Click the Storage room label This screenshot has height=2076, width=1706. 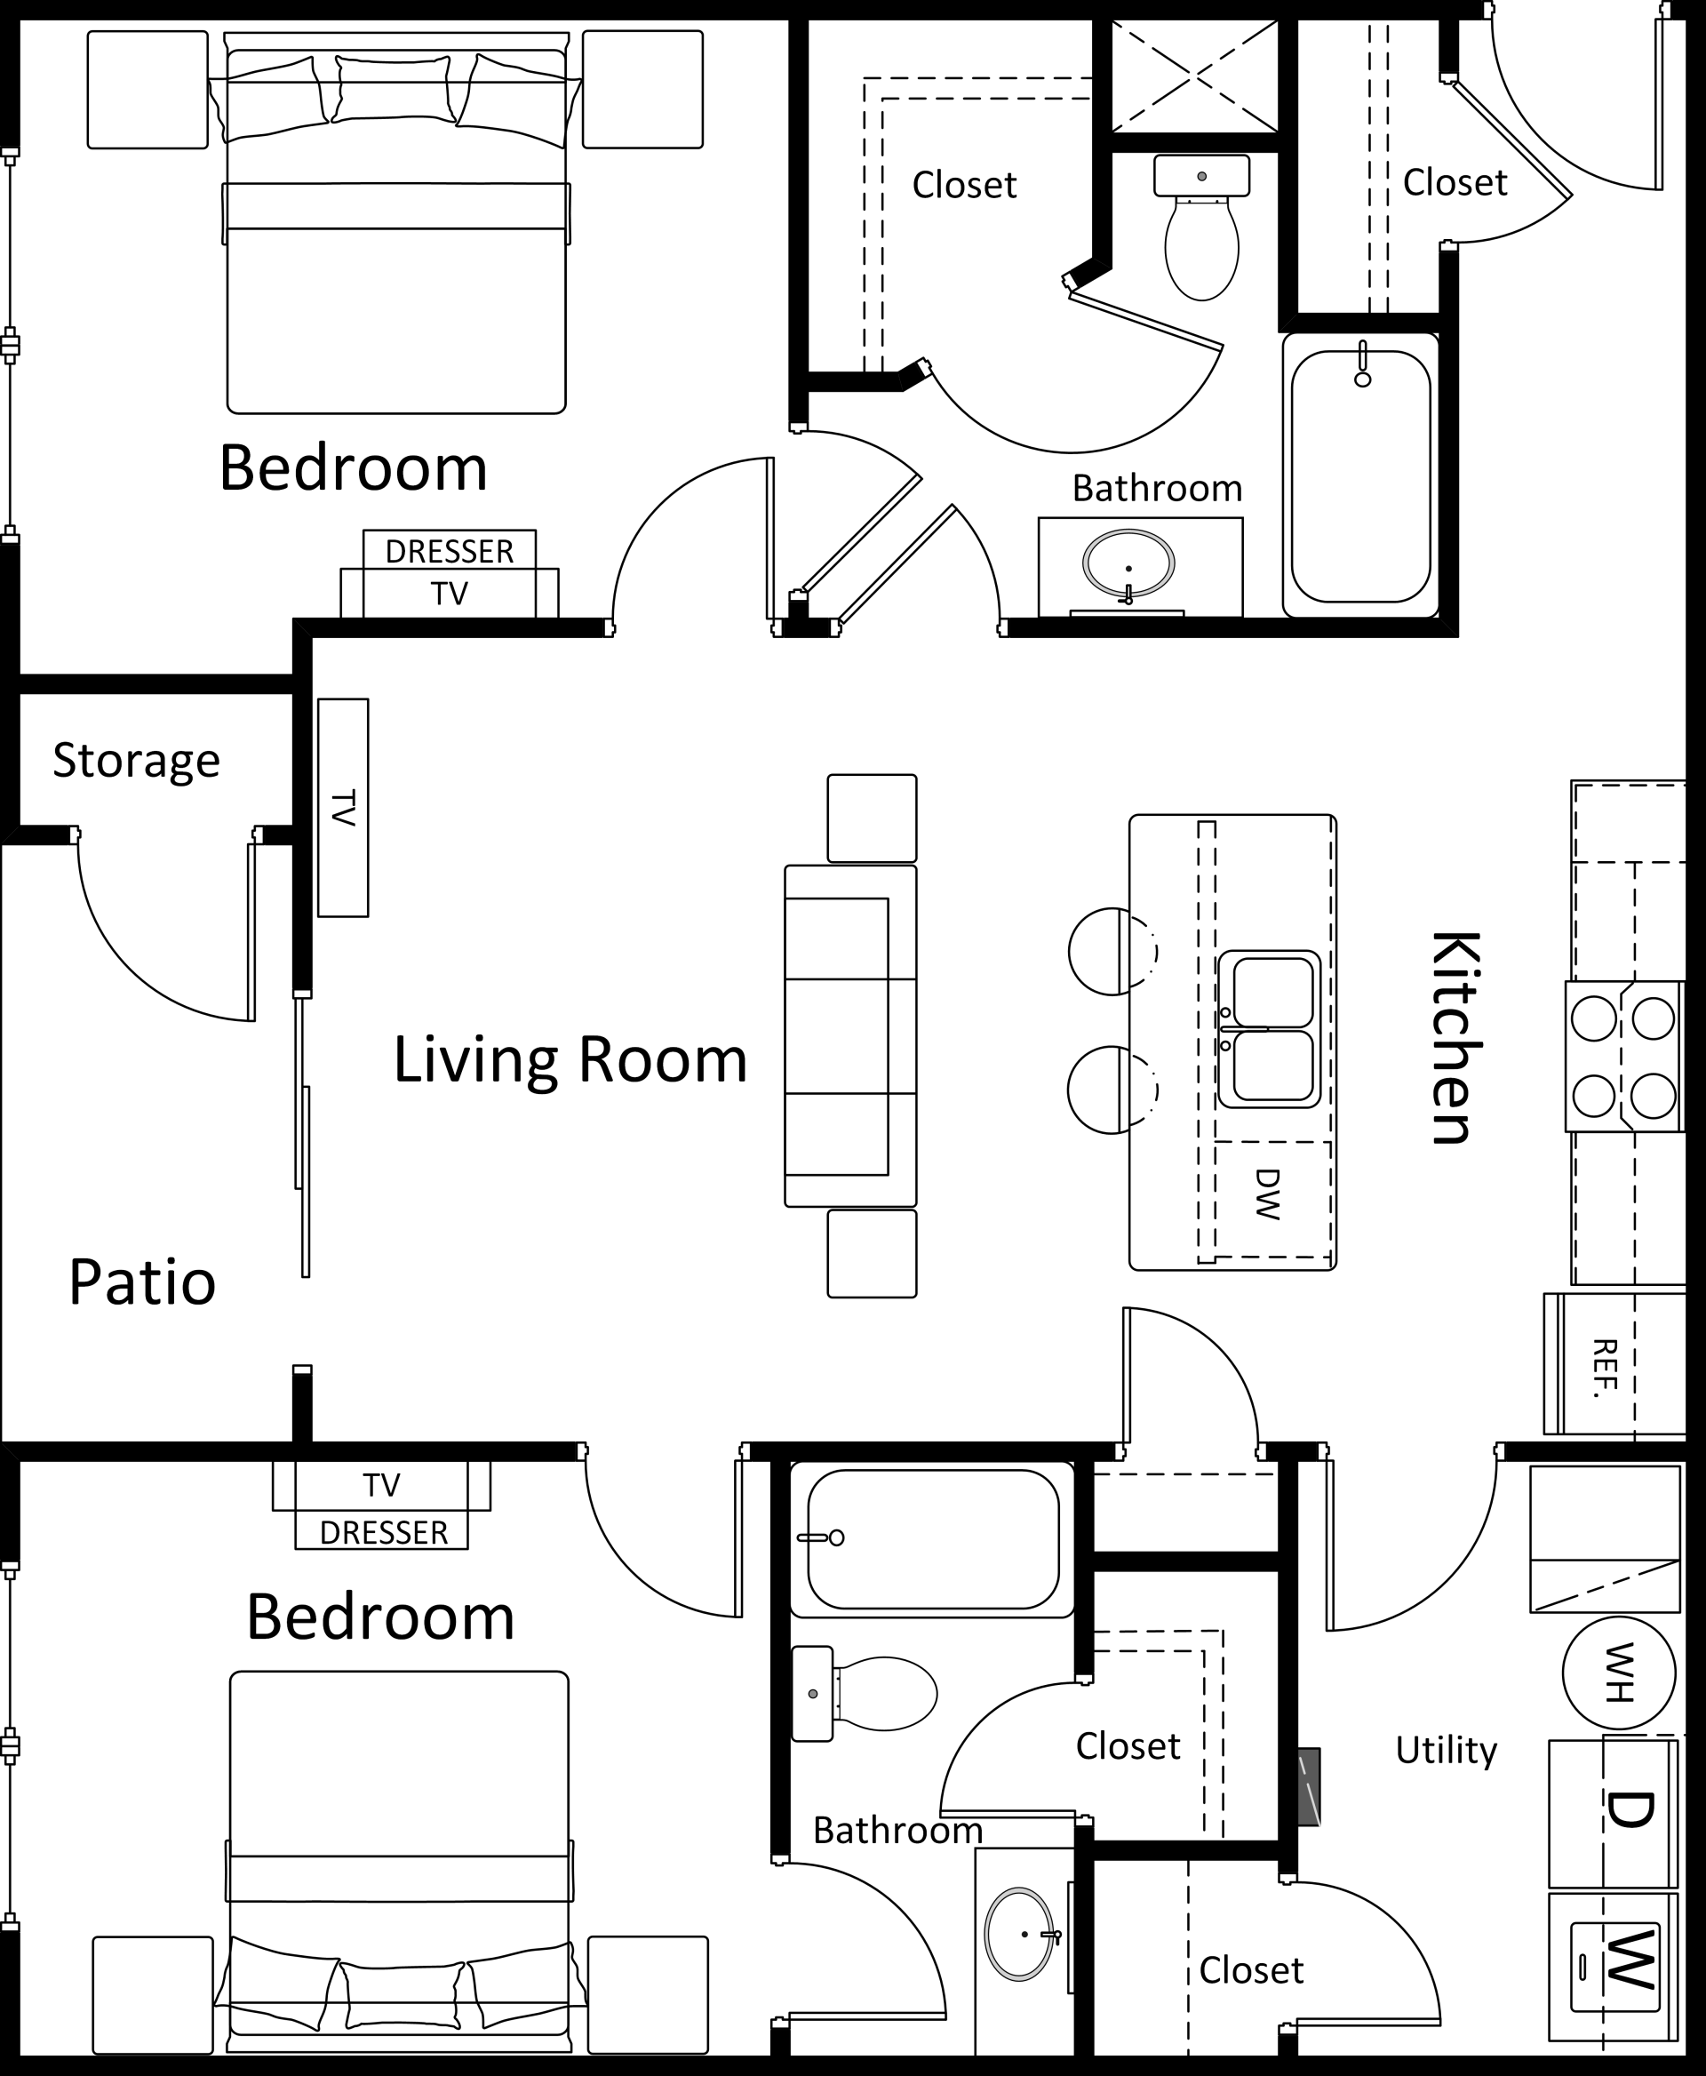(x=136, y=762)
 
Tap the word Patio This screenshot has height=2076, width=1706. (x=142, y=1282)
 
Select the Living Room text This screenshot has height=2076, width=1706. (x=570, y=1059)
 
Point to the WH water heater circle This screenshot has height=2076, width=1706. (x=1619, y=1672)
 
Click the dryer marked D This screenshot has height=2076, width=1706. (x=1614, y=1813)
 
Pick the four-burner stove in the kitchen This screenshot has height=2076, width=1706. (x=1623, y=1057)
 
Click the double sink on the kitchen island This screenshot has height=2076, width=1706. (x=1270, y=1029)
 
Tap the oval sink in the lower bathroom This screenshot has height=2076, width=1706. (x=1020, y=1934)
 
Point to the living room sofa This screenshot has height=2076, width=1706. (x=850, y=1036)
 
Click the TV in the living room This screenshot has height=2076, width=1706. (x=343, y=807)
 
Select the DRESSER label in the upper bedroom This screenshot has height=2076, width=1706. (x=449, y=551)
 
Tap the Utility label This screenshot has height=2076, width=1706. (x=1446, y=1750)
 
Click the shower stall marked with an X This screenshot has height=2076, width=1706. (x=1194, y=75)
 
